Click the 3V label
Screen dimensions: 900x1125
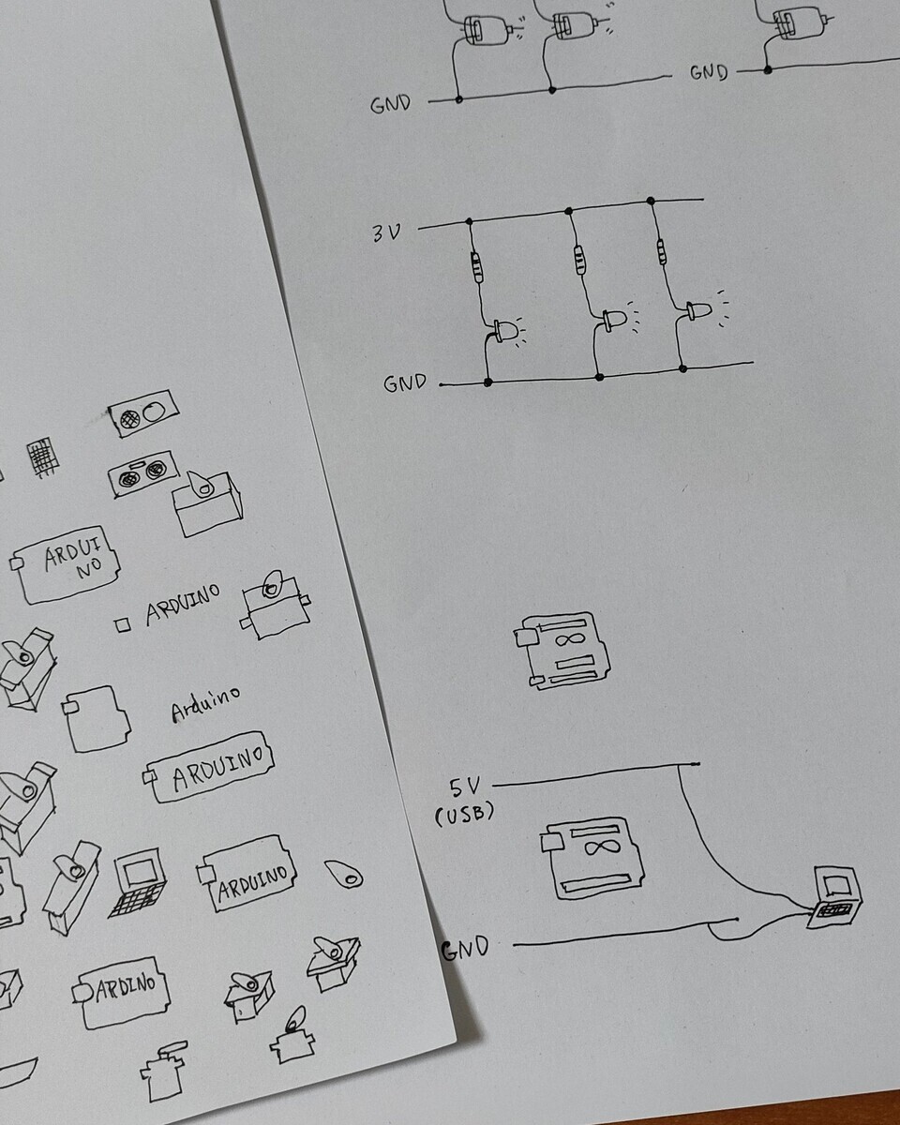[x=387, y=233]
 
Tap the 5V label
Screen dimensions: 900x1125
[x=464, y=787]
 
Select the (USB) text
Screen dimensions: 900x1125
[x=464, y=815]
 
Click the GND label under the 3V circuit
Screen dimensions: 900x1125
[x=405, y=383]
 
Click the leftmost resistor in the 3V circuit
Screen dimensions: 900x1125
[x=477, y=267]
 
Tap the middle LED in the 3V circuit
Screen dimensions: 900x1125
[x=615, y=320]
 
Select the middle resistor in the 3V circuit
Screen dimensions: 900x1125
[x=579, y=260]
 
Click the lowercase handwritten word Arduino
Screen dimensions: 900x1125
[x=205, y=704]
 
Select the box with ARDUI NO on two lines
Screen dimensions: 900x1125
[x=66, y=564]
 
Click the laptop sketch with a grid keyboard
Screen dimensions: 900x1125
[x=139, y=882]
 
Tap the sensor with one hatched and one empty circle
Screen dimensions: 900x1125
[x=143, y=413]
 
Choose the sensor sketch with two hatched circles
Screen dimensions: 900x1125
[x=143, y=473]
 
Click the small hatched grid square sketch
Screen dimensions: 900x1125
[x=42, y=457]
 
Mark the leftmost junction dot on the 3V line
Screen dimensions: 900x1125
[x=469, y=221]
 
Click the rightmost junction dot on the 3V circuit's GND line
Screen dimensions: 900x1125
[x=682, y=368]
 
